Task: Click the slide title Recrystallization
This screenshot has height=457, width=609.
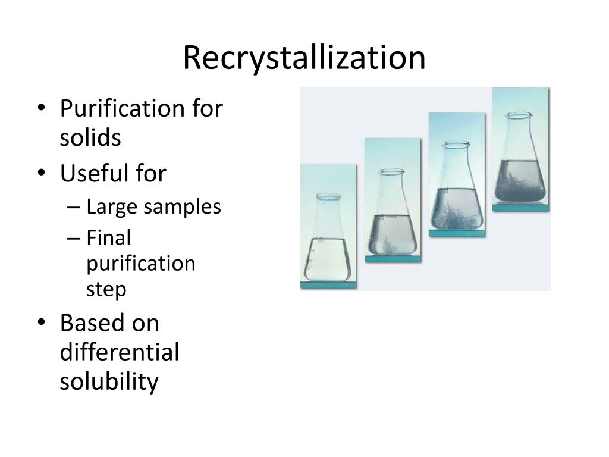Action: coord(304,58)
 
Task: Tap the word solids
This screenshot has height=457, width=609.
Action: coord(90,137)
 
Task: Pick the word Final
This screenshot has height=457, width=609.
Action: coord(108,237)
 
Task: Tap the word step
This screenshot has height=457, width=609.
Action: coord(106,290)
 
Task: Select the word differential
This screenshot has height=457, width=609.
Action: coord(120,352)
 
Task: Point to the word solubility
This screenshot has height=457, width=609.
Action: coord(109,381)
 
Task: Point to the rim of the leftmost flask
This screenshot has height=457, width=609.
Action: coord(328,196)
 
